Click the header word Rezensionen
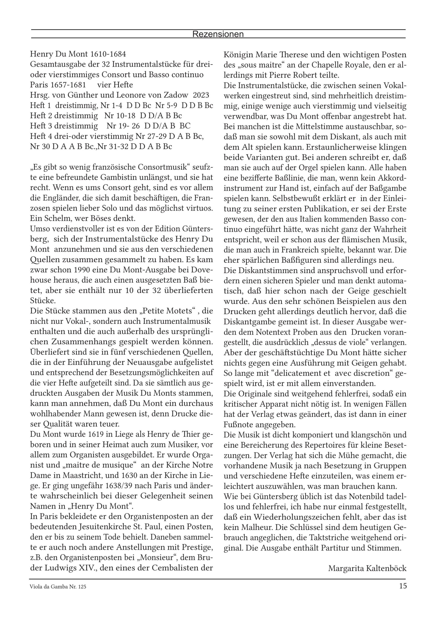218,34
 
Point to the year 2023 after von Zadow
201,95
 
